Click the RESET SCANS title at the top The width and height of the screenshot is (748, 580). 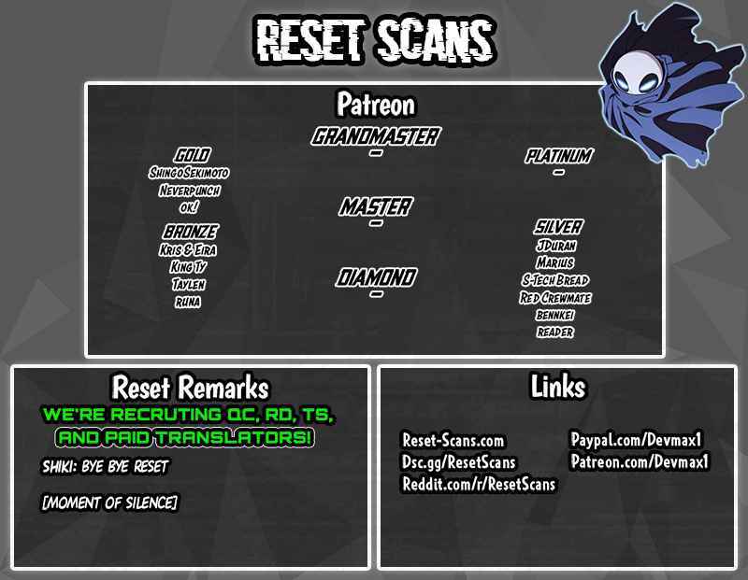376,40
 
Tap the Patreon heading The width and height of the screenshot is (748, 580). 376,105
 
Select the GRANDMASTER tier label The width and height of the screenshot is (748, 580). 376,136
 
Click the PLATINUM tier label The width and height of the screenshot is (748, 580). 558,156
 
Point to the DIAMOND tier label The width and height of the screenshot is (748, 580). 376,277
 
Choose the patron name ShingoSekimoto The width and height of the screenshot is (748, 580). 189,173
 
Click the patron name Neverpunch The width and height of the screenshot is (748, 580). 190,191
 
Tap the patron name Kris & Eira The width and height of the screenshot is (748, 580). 188,249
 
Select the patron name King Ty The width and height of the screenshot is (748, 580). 189,267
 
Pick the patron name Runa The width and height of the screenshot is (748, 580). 188,302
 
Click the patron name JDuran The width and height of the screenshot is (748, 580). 556,246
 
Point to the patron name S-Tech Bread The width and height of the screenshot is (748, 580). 555,280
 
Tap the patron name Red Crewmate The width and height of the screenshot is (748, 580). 555,298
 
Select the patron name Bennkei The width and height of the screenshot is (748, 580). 555,315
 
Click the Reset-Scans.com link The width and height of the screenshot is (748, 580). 453,440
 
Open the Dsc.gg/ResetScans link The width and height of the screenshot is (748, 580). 459,462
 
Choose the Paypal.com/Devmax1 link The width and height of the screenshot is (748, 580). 637,439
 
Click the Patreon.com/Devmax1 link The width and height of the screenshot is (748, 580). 640,461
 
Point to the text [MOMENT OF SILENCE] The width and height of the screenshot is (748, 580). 110,502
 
